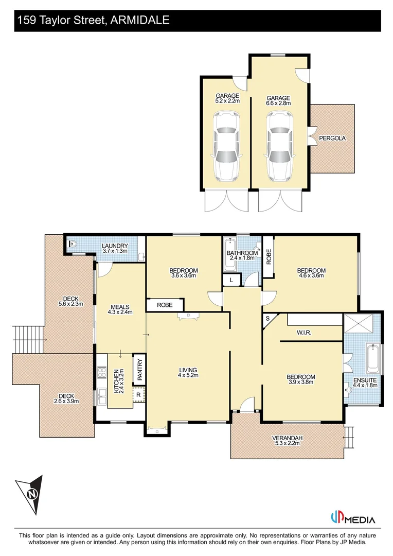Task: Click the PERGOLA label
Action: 332,138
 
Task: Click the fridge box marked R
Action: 138,395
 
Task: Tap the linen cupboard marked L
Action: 231,280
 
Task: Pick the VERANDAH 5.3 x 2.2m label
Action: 287,441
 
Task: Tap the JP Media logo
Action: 352,518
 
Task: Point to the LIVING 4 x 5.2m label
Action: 188,373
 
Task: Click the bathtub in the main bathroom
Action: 229,254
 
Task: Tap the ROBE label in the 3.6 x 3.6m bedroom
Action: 165,305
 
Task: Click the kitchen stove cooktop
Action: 101,372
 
